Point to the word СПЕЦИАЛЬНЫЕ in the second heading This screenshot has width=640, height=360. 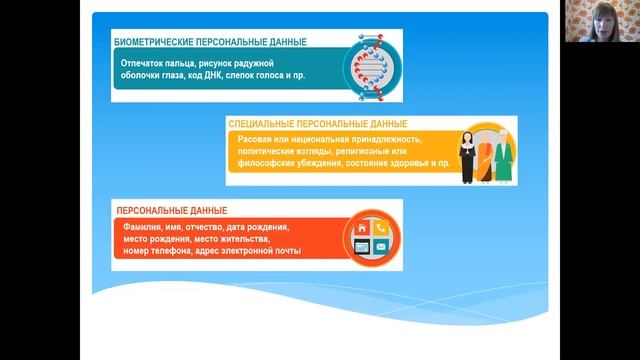261,122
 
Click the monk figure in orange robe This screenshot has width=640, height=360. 487,163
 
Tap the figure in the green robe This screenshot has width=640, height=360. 506,160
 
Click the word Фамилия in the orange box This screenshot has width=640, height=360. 135,227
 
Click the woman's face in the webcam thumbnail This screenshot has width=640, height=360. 607,21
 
